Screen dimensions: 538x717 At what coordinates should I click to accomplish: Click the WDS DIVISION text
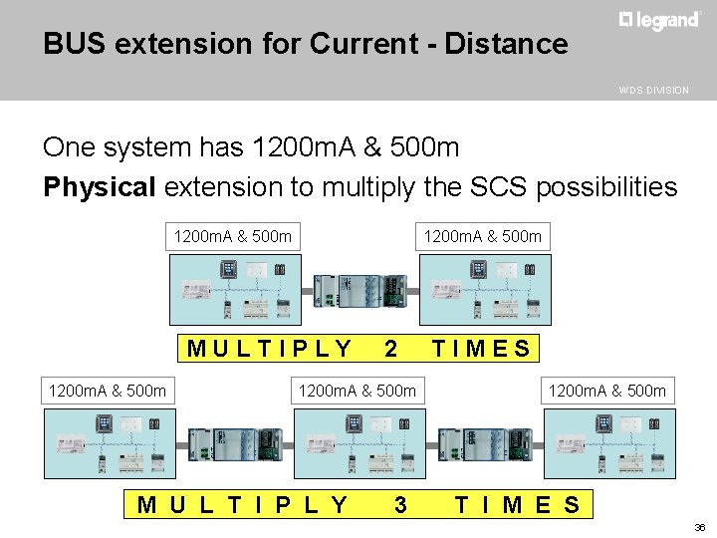tap(653, 90)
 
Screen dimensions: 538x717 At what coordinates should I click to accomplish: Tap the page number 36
tap(698, 527)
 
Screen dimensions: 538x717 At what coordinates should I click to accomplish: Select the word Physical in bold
tap(100, 186)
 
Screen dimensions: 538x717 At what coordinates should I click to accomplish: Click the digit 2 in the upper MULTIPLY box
tap(391, 349)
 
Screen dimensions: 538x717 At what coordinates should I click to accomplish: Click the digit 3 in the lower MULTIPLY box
tap(400, 504)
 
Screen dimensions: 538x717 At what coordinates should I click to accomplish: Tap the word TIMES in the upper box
tap(481, 349)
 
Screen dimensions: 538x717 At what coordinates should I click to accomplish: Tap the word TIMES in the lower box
tap(517, 504)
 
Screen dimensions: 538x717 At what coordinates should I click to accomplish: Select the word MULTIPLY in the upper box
tap(270, 349)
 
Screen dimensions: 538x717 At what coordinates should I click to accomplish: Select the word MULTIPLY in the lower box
tap(243, 504)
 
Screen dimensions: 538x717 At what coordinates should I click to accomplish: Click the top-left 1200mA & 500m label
tap(233, 236)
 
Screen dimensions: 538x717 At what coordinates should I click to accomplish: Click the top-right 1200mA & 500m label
tap(483, 236)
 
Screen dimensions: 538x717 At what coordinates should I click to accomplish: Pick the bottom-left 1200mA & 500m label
tap(108, 390)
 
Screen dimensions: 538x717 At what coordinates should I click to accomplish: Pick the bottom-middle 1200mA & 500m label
tap(358, 390)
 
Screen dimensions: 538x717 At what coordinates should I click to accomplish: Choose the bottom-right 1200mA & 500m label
tap(607, 390)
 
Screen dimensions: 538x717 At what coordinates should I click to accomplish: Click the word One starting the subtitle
tap(72, 147)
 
